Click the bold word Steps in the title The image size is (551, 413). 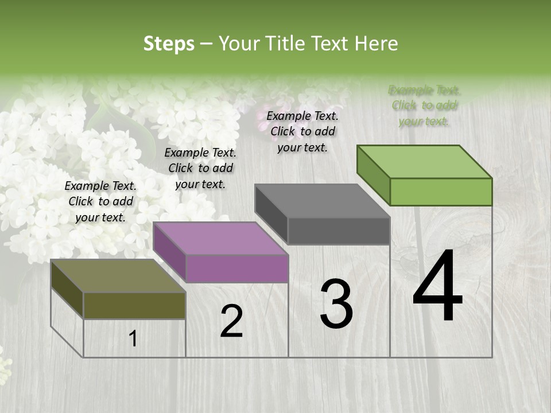tap(169, 44)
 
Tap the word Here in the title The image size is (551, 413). tap(377, 44)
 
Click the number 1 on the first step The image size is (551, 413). tap(133, 339)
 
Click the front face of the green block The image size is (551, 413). tap(441, 192)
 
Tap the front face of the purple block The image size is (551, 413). tap(237, 268)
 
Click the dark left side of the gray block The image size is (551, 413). tap(271, 214)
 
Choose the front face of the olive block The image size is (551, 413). tap(134, 305)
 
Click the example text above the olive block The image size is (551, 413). tap(100, 201)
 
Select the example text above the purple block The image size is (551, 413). tap(200, 168)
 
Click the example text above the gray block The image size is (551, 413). tap(302, 131)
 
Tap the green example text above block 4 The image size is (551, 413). tap(424, 106)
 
